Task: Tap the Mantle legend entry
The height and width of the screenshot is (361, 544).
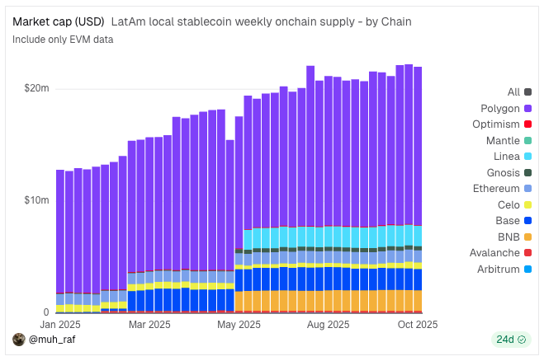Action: [508, 140]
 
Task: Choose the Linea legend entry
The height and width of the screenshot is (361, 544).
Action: [511, 157]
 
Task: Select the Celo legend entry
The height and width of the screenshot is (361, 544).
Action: [514, 204]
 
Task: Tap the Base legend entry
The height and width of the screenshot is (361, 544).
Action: [513, 221]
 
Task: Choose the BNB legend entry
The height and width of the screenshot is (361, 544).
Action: [514, 237]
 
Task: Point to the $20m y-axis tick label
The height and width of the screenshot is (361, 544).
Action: [36, 88]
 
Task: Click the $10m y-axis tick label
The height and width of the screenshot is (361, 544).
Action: [36, 200]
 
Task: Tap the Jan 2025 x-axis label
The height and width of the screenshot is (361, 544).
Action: [59, 325]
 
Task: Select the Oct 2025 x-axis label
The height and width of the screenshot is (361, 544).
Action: [417, 325]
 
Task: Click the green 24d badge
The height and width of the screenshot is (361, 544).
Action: [509, 340]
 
